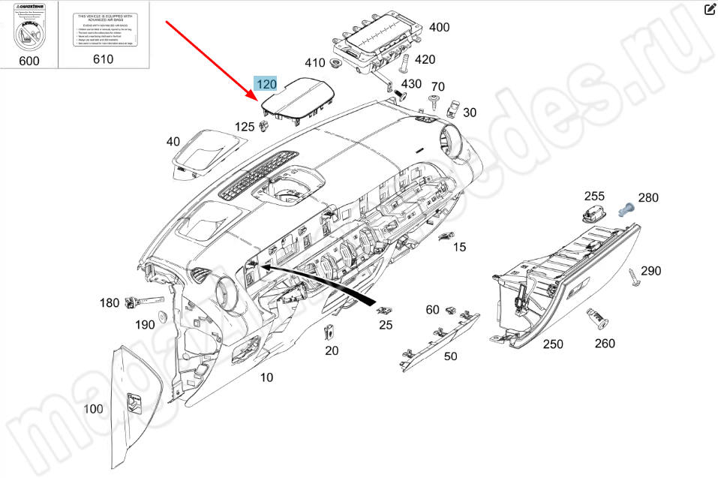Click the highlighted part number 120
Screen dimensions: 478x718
click(266, 84)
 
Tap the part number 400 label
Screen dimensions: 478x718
click(439, 28)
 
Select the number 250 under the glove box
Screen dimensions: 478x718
click(553, 344)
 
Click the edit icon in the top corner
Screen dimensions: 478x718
click(710, 10)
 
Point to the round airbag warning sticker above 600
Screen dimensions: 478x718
click(29, 34)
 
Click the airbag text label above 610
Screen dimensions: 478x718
click(104, 30)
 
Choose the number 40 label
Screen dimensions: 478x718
click(173, 141)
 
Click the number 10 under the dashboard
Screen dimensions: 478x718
click(267, 377)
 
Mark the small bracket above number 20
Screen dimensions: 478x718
click(329, 331)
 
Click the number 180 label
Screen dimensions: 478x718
click(110, 303)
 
